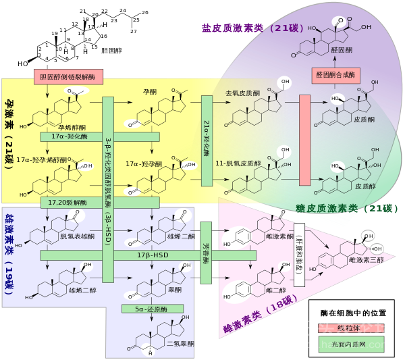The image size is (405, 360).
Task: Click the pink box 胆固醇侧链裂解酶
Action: pyautogui.click(x=68, y=77)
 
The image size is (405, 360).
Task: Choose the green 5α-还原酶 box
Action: pyautogui.click(x=153, y=309)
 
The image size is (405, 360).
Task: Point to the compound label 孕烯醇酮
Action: pyautogui.click(x=72, y=127)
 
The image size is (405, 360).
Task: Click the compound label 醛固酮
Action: pyautogui.click(x=342, y=50)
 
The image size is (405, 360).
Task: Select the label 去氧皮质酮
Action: pyautogui.click(x=242, y=93)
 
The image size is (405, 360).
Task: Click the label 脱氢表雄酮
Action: pyautogui.click(x=77, y=236)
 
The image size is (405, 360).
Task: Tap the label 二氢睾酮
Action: pyautogui.click(x=180, y=344)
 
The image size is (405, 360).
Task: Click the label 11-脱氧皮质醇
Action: pyautogui.click(x=238, y=163)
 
